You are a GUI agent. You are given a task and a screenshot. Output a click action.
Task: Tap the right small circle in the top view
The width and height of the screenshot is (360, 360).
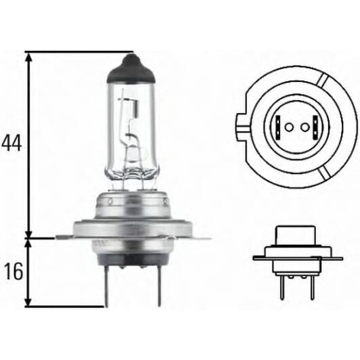[x=305, y=127]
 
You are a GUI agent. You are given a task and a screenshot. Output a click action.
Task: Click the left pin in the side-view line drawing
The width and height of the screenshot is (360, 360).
[x=279, y=288]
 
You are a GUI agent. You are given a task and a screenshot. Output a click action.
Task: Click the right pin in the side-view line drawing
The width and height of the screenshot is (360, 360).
[x=312, y=288]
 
